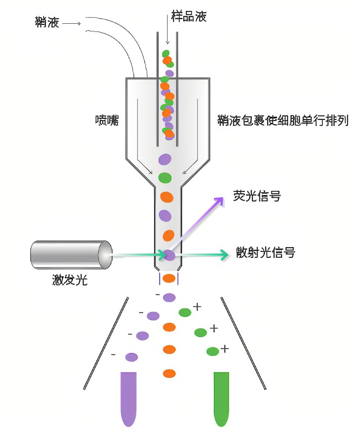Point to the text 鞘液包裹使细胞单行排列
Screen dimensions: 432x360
(282, 119)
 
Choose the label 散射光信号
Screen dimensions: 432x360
(265, 252)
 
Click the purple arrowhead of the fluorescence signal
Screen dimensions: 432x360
(219, 201)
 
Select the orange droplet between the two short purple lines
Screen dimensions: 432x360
(169, 278)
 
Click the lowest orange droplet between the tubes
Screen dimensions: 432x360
(169, 373)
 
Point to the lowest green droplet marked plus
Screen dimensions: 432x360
(212, 351)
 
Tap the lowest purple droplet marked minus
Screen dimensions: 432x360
(131, 357)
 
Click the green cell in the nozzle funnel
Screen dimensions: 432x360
(165, 177)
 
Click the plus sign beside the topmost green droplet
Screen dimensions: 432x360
(197, 307)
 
